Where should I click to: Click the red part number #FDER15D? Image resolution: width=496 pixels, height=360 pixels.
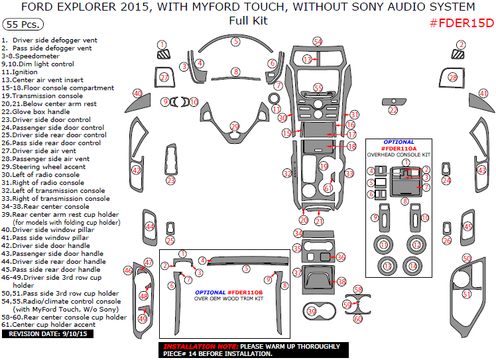(462, 23)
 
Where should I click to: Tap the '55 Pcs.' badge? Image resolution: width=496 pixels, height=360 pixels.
(23, 25)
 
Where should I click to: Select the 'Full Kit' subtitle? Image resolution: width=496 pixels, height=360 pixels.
(247, 20)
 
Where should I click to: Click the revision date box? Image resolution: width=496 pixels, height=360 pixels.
(40, 333)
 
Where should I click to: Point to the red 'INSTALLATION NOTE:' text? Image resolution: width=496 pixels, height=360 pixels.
(200, 346)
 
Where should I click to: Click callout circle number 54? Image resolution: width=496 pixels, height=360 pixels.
(318, 41)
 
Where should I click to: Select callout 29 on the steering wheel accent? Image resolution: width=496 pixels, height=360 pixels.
(234, 126)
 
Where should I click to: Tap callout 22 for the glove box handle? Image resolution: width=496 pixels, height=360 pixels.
(393, 110)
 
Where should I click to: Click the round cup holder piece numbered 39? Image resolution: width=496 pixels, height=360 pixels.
(312, 311)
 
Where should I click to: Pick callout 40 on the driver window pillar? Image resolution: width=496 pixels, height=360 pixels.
(137, 93)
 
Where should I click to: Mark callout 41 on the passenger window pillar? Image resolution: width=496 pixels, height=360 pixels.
(483, 93)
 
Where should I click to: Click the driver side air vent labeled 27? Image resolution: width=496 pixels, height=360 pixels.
(164, 78)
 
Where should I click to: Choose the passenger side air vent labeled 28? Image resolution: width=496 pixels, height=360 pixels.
(453, 78)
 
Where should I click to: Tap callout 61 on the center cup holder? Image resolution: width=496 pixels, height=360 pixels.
(328, 188)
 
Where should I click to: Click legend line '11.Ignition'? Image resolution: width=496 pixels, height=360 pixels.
(20, 72)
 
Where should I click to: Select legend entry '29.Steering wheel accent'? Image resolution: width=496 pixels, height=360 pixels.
(52, 166)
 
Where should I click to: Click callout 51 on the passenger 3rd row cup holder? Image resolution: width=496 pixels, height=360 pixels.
(466, 294)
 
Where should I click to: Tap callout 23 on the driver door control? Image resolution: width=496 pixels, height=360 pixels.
(170, 180)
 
